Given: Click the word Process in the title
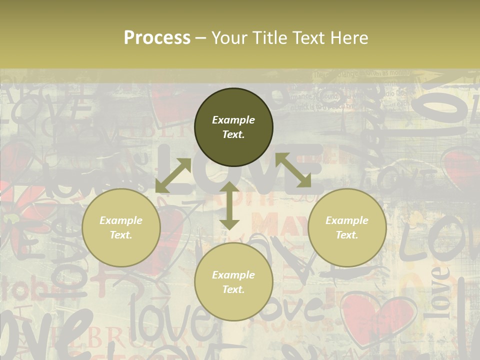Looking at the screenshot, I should pos(157,38).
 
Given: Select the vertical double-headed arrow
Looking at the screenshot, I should pos(229,206).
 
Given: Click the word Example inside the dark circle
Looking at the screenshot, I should pos(233,120).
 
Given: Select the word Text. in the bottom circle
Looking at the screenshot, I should pos(233,289).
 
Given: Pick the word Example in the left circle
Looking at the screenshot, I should pos(121,220).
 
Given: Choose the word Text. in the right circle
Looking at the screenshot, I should pos(347,235).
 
